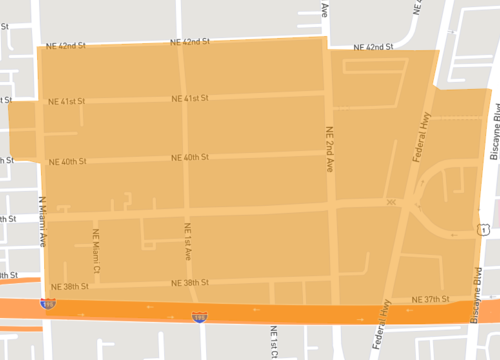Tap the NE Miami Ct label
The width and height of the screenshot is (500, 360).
[x=98, y=252]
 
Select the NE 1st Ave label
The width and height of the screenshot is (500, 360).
[x=186, y=246]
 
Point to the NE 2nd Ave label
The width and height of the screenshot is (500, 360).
[x=328, y=143]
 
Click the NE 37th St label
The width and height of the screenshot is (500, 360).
[x=433, y=299]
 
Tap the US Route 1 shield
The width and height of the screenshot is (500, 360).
[x=483, y=229]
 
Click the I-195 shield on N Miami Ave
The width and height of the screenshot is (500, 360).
[x=47, y=302]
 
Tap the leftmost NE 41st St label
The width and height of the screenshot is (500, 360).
[x=67, y=101]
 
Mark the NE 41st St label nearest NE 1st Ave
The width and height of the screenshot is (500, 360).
[x=189, y=98]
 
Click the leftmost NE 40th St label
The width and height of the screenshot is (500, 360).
[x=67, y=161]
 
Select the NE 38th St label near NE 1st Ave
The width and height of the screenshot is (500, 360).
[x=189, y=283]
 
